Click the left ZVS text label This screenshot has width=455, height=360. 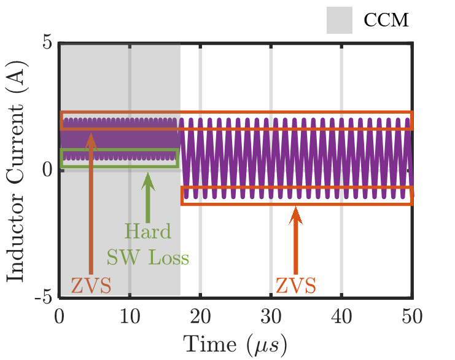click(91, 286)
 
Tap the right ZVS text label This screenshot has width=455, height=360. click(296, 286)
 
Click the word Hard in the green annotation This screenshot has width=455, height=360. click(147, 232)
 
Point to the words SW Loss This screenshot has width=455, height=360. click(147, 257)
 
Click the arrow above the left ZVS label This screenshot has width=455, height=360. click(91, 203)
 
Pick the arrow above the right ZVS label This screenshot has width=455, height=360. click(296, 240)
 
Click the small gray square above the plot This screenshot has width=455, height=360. click(340, 20)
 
